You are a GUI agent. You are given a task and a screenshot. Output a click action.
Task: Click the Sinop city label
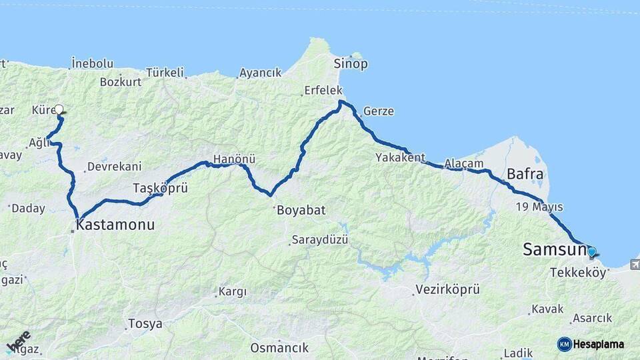[x=351, y=64]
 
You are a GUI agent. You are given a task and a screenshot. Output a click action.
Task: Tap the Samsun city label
[x=553, y=250]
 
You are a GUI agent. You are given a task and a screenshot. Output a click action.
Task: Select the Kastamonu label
[x=115, y=225]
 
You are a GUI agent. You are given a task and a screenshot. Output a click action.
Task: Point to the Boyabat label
[x=300, y=210]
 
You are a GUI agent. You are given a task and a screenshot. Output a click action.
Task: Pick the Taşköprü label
[x=160, y=188]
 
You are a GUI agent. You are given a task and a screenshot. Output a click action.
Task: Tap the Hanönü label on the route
[x=234, y=160]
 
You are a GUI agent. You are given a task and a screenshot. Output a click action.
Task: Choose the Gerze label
[x=378, y=111]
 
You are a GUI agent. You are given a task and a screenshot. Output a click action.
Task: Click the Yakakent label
[x=400, y=158]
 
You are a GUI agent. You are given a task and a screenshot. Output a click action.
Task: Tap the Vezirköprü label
[x=447, y=289]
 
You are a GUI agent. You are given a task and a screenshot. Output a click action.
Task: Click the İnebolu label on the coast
[x=92, y=63]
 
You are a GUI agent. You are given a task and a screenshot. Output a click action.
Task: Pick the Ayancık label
[x=260, y=73]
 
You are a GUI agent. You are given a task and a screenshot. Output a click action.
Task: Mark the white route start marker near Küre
[x=59, y=109]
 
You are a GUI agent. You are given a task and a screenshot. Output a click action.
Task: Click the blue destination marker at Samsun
[x=591, y=252]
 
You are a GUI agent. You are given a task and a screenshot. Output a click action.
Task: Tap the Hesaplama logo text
[x=599, y=344]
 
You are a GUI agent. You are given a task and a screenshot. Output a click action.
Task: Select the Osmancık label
[x=279, y=347]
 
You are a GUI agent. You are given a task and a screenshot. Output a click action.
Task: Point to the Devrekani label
[x=114, y=167]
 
